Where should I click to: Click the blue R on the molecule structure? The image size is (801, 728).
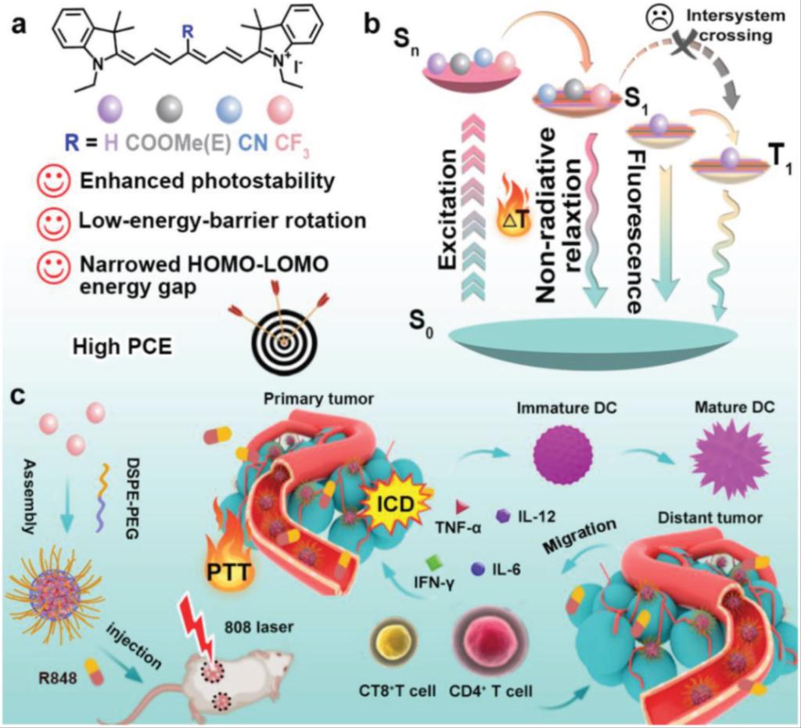(185, 33)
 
